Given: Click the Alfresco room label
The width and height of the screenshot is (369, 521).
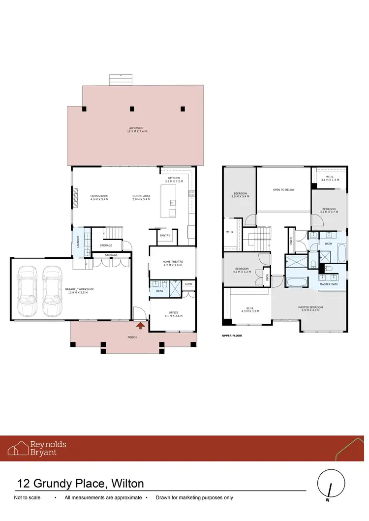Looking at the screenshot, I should pyautogui.click(x=137, y=129).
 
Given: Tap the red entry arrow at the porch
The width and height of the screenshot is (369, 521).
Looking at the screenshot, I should pyautogui.click(x=141, y=325).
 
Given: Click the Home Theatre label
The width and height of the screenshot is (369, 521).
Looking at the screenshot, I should pyautogui.click(x=172, y=263).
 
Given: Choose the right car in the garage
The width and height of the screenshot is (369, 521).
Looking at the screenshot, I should pyautogui.click(x=53, y=291).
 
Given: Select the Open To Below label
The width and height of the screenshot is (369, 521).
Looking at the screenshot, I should pyautogui.click(x=283, y=189).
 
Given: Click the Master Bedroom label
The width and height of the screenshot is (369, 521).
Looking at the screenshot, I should pyautogui.click(x=310, y=308).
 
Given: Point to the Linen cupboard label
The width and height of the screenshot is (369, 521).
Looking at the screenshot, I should pyautogui.click(x=291, y=241).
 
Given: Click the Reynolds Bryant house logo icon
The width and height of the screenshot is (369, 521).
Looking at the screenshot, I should pyautogui.click(x=18, y=448).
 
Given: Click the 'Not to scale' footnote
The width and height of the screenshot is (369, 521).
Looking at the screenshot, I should pyautogui.click(x=28, y=498).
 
